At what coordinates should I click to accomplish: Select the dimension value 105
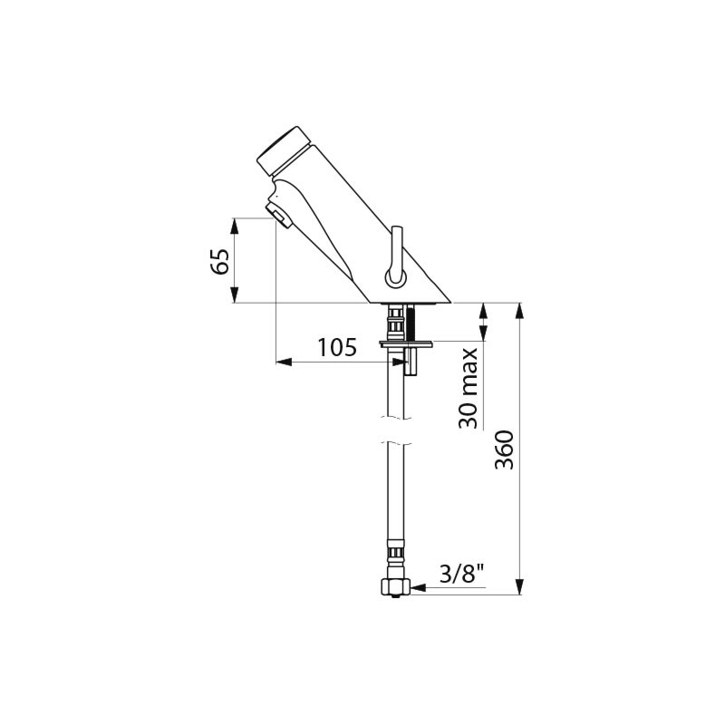coord(337,347)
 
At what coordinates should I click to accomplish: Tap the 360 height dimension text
coord(504,449)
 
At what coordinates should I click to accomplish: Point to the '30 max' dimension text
coord(468,389)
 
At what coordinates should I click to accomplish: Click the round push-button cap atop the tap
coord(283,150)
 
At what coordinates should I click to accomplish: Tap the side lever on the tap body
coord(396,258)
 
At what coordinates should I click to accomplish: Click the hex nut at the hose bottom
coord(394,587)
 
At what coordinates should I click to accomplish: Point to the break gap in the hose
coord(394,430)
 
